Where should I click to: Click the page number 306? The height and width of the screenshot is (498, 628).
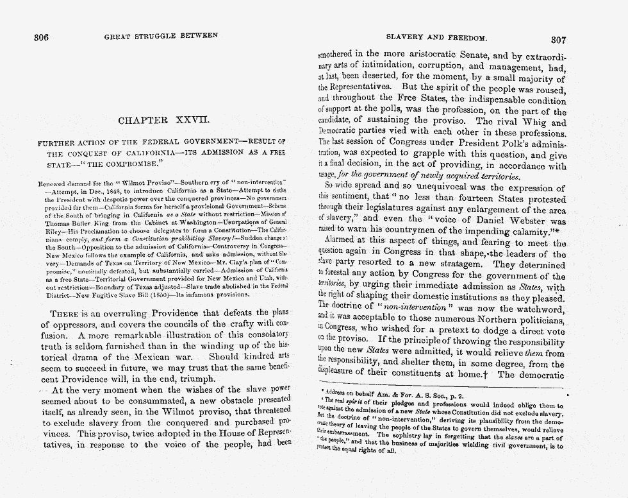coord(42,37)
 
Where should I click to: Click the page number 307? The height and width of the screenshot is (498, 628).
coord(558,39)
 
